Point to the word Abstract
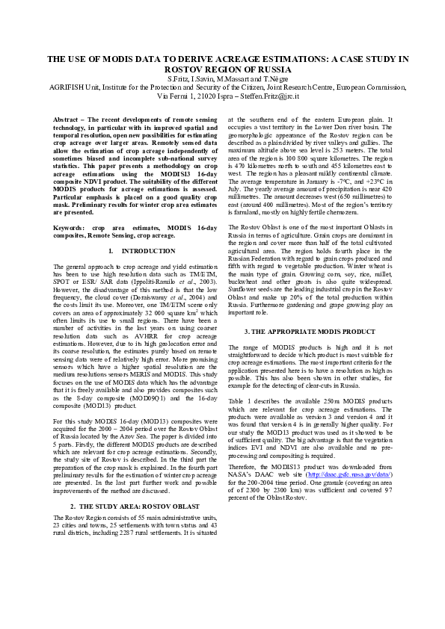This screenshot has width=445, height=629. [x=67, y=120]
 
